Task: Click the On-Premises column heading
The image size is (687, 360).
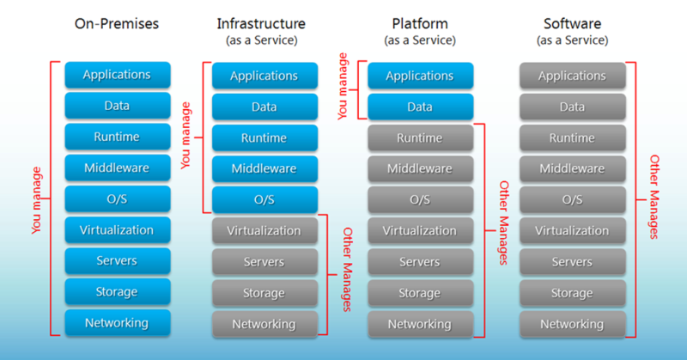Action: (x=117, y=24)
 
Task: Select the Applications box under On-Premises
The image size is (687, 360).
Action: (x=118, y=75)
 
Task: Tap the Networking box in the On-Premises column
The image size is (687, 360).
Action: (x=118, y=323)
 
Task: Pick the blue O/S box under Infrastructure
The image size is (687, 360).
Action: (x=264, y=200)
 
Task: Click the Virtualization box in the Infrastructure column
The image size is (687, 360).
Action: (x=264, y=231)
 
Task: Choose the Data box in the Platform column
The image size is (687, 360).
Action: (x=421, y=107)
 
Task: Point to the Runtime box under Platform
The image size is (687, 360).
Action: (x=421, y=138)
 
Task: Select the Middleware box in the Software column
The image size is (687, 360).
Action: (x=573, y=168)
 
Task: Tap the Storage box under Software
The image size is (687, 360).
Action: (x=573, y=293)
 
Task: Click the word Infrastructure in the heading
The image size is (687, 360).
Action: (x=261, y=24)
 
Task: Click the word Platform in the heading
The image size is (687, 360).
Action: (x=420, y=24)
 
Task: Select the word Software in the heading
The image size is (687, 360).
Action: (x=572, y=24)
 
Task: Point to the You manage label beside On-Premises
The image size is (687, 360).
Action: (x=36, y=200)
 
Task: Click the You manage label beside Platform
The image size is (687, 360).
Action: (x=342, y=87)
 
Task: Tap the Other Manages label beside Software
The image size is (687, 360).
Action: (x=654, y=197)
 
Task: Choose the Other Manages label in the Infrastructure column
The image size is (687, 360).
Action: (x=347, y=269)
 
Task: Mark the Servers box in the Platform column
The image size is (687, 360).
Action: (x=421, y=262)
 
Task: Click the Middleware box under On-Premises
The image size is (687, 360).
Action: (x=118, y=168)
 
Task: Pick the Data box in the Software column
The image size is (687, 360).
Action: (x=573, y=107)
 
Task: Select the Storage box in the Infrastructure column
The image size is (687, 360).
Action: (x=264, y=293)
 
